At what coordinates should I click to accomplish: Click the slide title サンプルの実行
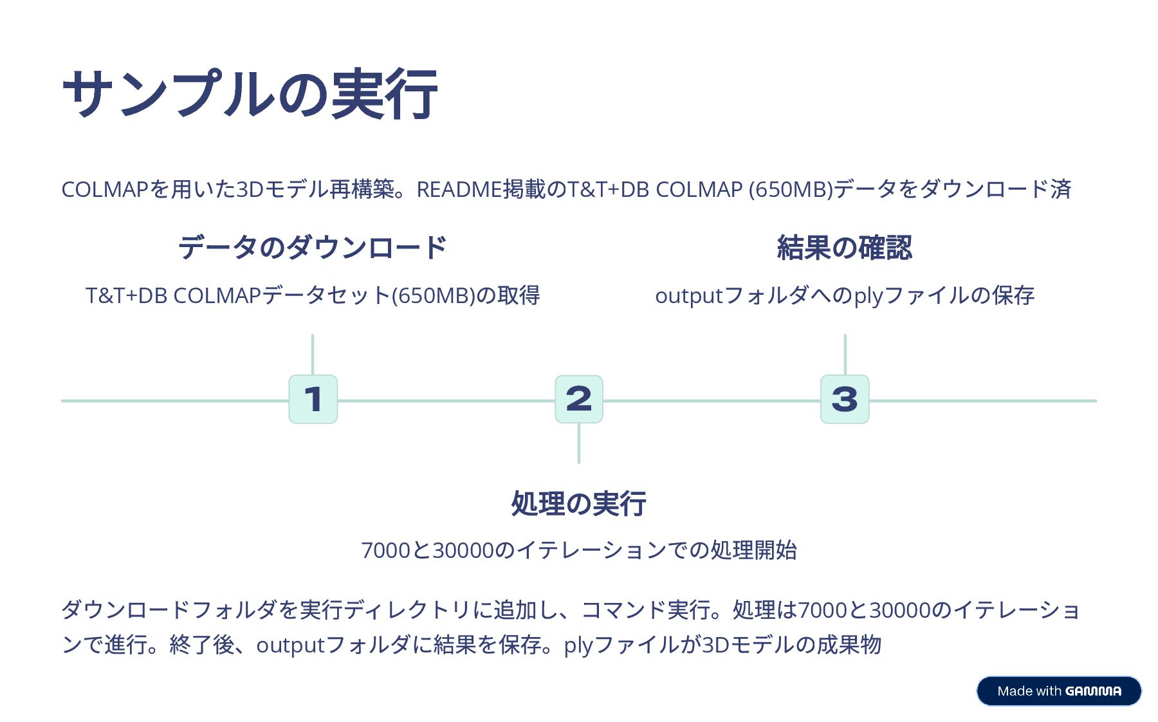coord(250,94)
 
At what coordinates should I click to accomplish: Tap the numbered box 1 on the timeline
coord(313,399)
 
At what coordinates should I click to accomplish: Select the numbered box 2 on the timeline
coord(578,399)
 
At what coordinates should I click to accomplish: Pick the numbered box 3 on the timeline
coord(844,399)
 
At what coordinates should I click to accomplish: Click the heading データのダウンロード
coord(312,248)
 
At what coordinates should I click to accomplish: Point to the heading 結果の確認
coord(844,248)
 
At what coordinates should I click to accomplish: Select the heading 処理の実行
coord(578,503)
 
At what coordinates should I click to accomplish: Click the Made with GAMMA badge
coord(1058,691)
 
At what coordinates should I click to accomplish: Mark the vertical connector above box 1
coord(313,354)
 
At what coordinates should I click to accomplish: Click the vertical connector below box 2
coord(579,443)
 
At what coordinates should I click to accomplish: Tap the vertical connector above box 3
coord(845,354)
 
